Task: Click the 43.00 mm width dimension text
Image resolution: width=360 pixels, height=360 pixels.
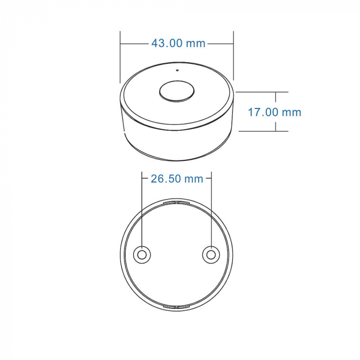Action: pyautogui.click(x=178, y=44)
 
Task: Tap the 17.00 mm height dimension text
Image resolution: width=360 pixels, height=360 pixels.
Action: pyautogui.click(x=274, y=112)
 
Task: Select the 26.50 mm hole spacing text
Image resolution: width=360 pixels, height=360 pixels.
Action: pyautogui.click(x=177, y=179)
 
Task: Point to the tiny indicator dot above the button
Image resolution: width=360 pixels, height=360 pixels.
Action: pyautogui.click(x=176, y=70)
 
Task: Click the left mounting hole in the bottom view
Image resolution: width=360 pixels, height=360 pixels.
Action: pyautogui.click(x=142, y=255)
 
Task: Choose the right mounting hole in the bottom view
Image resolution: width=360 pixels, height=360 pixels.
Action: pyautogui.click(x=211, y=255)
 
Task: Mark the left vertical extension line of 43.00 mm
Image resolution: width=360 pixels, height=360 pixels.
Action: pyautogui.click(x=120, y=57)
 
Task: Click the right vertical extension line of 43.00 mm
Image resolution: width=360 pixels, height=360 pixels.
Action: pyautogui.click(x=233, y=57)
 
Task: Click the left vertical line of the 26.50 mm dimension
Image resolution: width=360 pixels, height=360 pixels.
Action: pyautogui.click(x=142, y=206)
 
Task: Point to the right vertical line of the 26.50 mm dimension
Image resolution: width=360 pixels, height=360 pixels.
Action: pyautogui.click(x=212, y=206)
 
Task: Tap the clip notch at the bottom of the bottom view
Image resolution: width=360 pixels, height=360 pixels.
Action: pyautogui.click(x=176, y=307)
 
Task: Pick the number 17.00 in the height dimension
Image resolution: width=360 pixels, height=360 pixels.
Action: pyautogui.click(x=263, y=112)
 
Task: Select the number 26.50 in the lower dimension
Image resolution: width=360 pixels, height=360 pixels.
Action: pyautogui.click(x=166, y=179)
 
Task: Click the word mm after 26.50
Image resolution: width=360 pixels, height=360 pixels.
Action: pyautogui.click(x=194, y=179)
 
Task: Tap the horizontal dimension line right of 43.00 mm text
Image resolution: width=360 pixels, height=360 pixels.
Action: pyautogui.click(x=220, y=44)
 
